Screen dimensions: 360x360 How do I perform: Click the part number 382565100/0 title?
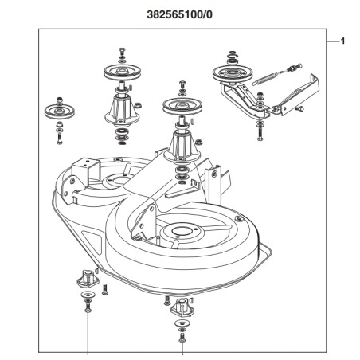click(179, 15)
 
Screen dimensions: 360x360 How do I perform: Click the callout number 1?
click(342, 41)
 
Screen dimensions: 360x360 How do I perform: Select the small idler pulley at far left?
click(60, 112)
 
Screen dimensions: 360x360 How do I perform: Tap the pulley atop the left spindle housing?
click(122, 72)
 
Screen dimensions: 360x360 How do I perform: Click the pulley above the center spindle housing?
click(182, 106)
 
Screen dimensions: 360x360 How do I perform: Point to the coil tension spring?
click(267, 78)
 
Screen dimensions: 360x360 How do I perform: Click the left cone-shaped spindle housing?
click(122, 110)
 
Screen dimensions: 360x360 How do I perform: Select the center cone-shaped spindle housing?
click(182, 147)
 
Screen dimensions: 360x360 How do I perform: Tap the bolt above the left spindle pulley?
click(122, 51)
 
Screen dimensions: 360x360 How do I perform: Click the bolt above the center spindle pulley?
click(182, 84)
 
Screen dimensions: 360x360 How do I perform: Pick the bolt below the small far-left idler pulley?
click(60, 138)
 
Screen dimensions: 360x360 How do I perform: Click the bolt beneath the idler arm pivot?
click(260, 134)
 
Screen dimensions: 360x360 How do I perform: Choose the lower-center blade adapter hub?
click(182, 307)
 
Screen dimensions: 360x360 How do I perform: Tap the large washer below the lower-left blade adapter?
click(88, 295)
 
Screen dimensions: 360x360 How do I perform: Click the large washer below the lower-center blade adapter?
click(182, 323)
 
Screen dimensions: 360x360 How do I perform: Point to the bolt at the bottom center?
click(182, 338)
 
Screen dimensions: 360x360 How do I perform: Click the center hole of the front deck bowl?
click(182, 230)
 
